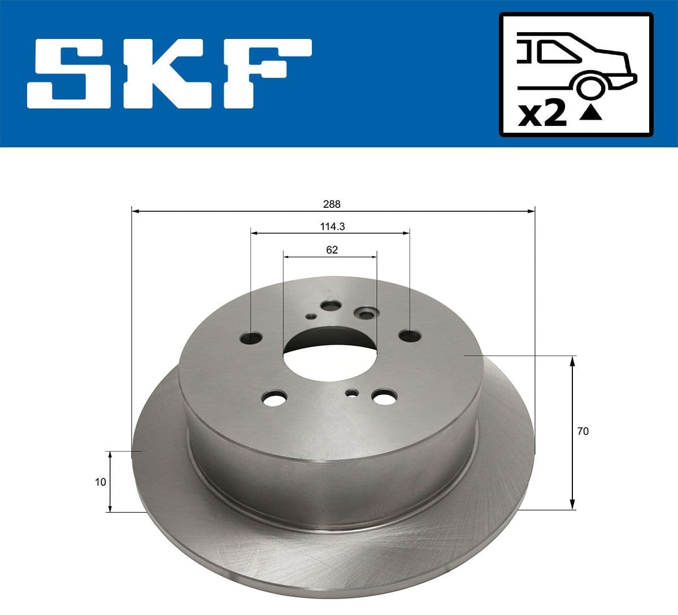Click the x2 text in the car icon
point(542,114)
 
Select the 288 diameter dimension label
point(332,204)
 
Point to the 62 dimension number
point(332,250)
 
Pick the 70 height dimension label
point(583,431)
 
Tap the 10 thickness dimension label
point(101,482)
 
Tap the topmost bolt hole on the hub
point(329,306)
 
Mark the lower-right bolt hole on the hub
point(384,397)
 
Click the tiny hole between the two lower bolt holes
point(353,392)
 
